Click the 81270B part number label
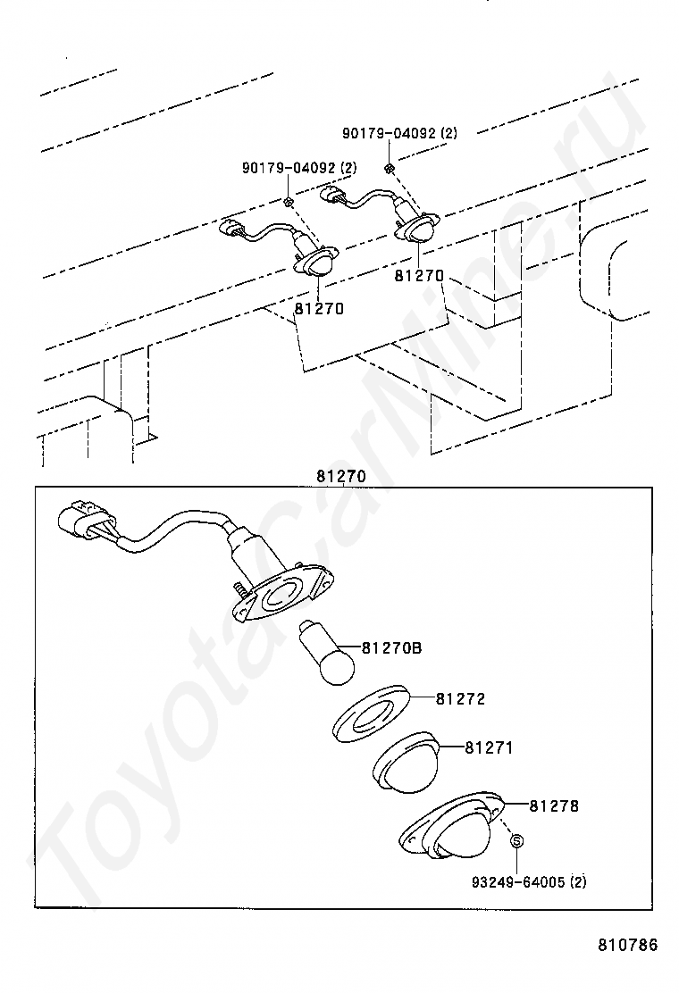point(391,647)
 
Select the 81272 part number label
point(461,699)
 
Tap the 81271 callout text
point(489,747)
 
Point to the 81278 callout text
point(554,805)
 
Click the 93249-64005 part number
point(518,882)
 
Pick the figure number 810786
point(627,945)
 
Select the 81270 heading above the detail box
point(340,476)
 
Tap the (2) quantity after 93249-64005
point(578,882)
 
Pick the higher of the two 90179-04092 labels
point(399,133)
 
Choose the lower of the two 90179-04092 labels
point(299,168)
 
